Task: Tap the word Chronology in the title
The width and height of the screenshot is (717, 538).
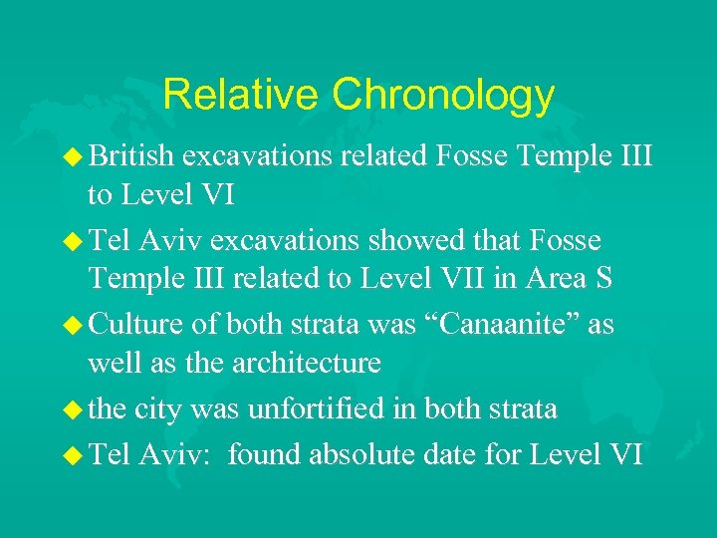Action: [443, 96]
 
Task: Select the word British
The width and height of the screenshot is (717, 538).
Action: [130, 154]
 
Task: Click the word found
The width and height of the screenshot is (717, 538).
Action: [265, 454]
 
